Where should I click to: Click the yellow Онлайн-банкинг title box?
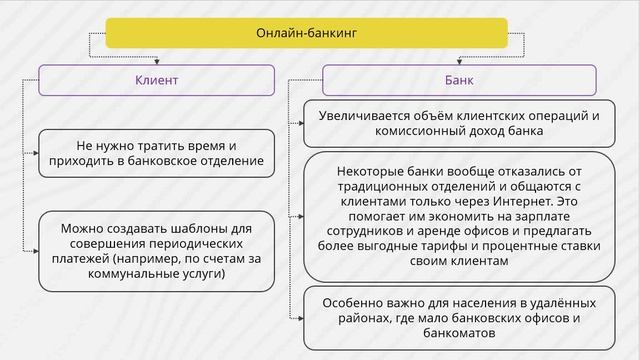tap(320, 35)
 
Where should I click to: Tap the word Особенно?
tap(350, 303)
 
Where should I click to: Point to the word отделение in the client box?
tap(222, 160)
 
